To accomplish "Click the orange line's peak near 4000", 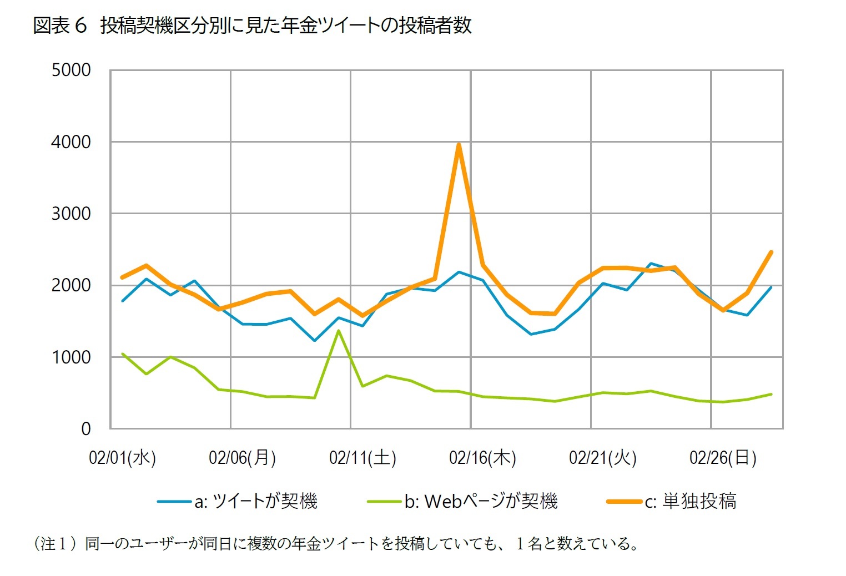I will (459, 145).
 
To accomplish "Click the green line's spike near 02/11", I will (339, 331).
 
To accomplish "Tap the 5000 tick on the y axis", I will (71, 70).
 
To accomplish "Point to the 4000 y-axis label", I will (71, 142).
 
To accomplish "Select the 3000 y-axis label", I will (71, 214).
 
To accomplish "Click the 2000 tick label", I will (71, 285).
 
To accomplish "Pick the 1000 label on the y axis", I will (71, 357).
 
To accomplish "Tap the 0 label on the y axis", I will (86, 428).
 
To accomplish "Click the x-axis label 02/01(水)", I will (122, 458).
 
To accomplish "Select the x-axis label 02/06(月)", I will (242, 458).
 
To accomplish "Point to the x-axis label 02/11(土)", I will (362, 458).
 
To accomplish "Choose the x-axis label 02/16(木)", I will (482, 458).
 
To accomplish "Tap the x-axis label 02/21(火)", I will (603, 458).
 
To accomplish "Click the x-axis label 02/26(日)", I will (723, 458).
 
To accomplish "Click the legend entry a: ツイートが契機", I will (255, 501).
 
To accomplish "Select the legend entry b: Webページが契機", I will (481, 501).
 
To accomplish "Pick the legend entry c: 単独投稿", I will (691, 501).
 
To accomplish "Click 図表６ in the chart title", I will (60, 26).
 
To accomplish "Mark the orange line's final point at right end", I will (771, 252).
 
